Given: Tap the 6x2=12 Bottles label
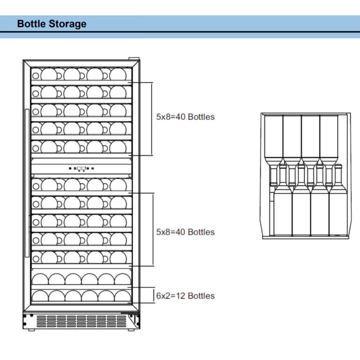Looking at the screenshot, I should [185, 296].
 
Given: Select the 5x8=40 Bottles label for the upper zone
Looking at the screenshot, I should [185, 117].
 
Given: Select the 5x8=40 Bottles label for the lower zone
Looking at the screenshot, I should [185, 232].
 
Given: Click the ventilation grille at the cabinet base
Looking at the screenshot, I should [82, 321].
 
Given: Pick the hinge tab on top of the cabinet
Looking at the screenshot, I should [134, 59].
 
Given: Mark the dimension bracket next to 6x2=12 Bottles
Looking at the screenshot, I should [154, 295].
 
